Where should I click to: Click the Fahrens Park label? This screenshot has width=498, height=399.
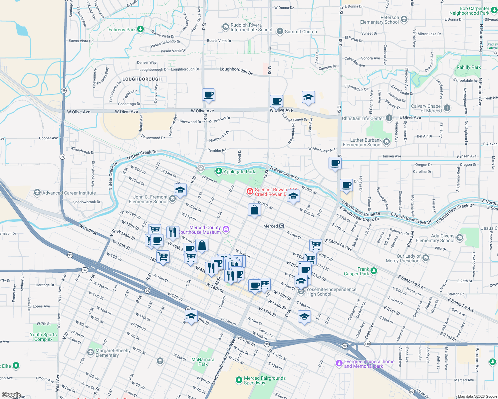(x=122, y=30)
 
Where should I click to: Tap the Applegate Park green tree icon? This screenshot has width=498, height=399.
(x=218, y=171)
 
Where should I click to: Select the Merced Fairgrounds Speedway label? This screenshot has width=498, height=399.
(x=265, y=380)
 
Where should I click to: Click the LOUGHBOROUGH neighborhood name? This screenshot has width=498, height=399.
(x=142, y=79)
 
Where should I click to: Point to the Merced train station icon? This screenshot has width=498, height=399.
(x=282, y=226)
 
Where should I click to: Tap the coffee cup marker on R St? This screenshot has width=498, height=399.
(x=208, y=95)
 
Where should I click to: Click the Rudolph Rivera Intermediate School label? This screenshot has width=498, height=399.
(x=251, y=27)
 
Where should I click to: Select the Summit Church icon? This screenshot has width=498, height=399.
(x=280, y=32)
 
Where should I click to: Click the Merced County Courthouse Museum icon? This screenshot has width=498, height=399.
(x=226, y=229)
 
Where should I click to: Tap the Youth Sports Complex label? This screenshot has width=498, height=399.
(x=43, y=337)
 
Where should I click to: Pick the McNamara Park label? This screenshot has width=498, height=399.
(x=203, y=362)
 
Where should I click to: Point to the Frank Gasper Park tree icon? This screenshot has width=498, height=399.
(x=374, y=271)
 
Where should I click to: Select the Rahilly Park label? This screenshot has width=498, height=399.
(x=469, y=67)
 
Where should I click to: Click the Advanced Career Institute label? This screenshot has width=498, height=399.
(x=69, y=193)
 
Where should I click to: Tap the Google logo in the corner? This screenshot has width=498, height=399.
(x=11, y=395)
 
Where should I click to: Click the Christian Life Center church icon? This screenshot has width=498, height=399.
(x=389, y=118)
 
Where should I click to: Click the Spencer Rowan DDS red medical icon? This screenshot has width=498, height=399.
(x=250, y=191)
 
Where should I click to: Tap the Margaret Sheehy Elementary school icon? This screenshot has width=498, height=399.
(x=90, y=352)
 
